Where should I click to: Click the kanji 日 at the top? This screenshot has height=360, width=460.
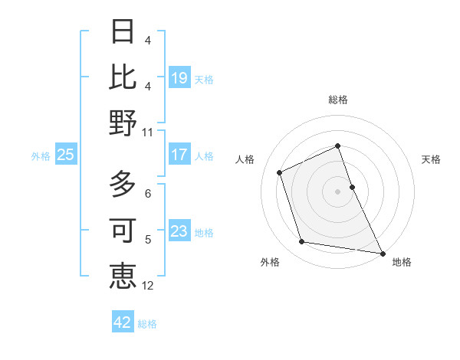tap(123, 33)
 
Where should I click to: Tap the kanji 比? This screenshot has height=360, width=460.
tap(123, 77)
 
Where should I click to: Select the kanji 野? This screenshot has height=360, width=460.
tap(123, 122)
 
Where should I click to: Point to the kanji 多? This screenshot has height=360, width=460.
tap(123, 184)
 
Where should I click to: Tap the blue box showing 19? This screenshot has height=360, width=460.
tap(179, 78)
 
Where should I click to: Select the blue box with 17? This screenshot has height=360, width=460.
tap(179, 155)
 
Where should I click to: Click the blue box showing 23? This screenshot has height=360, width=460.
tap(179, 231)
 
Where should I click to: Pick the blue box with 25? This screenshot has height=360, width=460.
tap(66, 155)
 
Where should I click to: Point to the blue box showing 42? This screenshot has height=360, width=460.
tap(123, 322)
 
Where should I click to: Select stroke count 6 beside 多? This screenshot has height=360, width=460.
tap(147, 194)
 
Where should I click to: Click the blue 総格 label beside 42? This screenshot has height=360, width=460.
tap(147, 323)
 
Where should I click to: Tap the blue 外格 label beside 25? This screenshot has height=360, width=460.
tap(41, 155)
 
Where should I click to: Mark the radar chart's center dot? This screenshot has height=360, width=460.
tap(337, 191)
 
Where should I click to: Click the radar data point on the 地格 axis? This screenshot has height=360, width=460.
tap(382, 253)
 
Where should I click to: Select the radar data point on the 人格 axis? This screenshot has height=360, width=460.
tap(280, 172)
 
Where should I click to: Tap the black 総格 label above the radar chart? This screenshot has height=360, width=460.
tap(337, 100)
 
